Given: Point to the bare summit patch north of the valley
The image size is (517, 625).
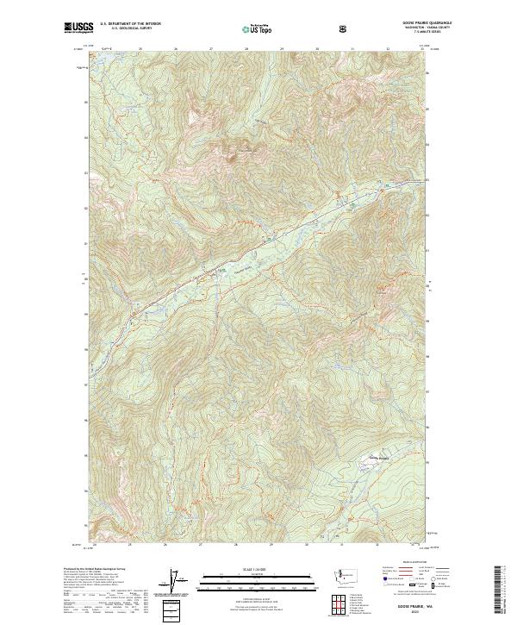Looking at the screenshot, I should pyautogui.click(x=231, y=155).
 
